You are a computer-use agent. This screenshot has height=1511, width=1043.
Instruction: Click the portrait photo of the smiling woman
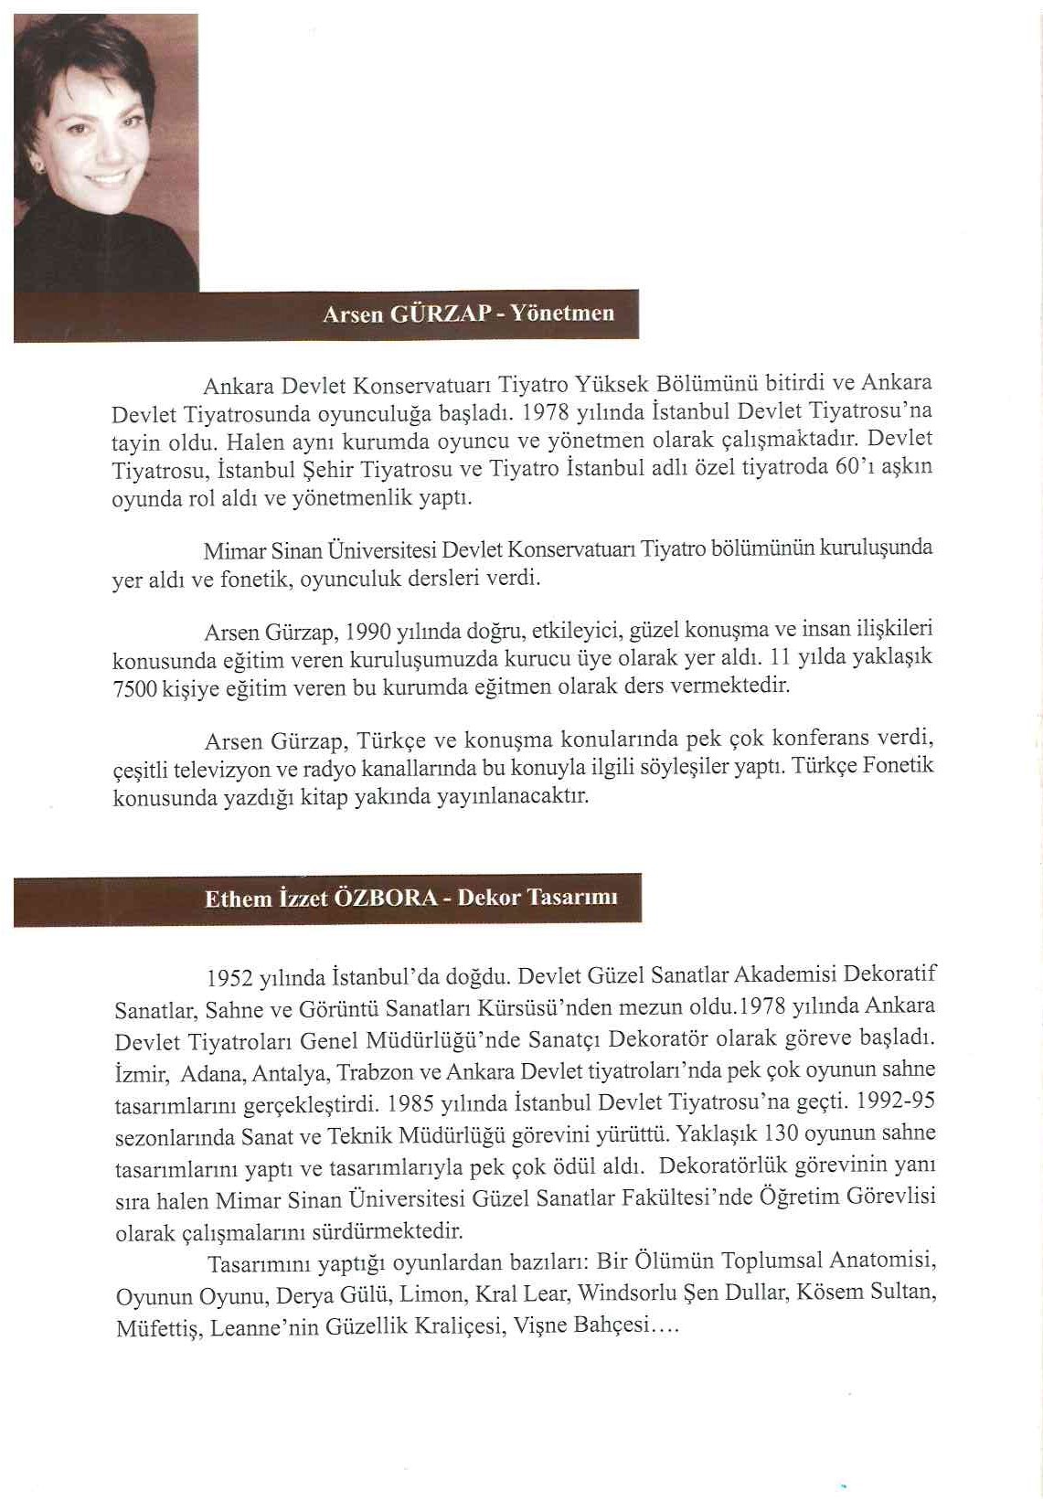[106, 152]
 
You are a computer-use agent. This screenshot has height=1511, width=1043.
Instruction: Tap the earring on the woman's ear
[40, 167]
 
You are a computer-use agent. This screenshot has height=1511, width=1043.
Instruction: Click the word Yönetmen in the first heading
[561, 313]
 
